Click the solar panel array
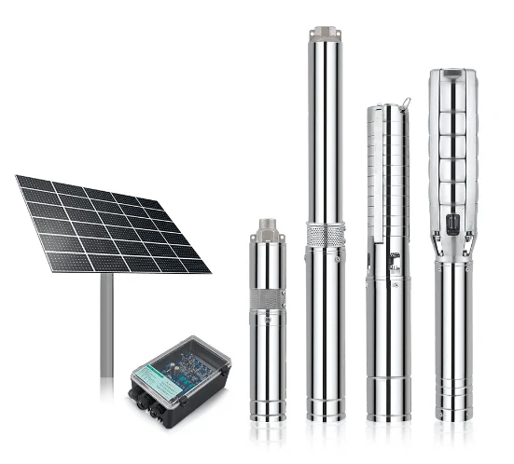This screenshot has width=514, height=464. coord(112,224)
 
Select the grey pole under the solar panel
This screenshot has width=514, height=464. coord(106,326)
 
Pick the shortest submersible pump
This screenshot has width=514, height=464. coord(268,326)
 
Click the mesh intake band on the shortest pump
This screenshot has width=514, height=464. coord(268,300)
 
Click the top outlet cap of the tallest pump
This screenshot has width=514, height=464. coord(324,34)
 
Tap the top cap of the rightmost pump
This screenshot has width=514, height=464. coord(452,75)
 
